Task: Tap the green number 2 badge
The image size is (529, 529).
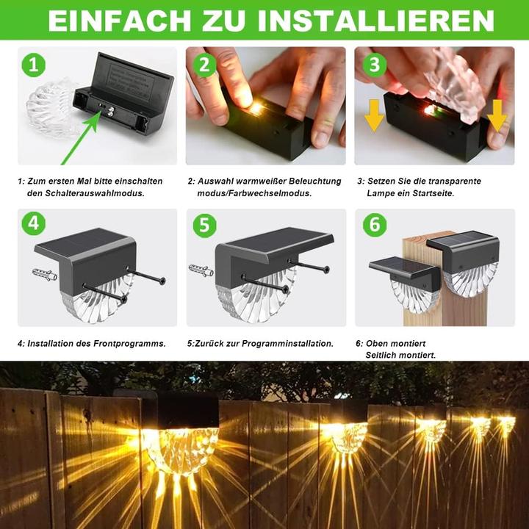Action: coord(205,65)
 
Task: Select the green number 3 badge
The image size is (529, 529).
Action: coord(375,65)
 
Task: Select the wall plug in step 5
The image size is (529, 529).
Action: coord(200,270)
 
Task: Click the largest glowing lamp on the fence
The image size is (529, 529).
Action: coord(181,441)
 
